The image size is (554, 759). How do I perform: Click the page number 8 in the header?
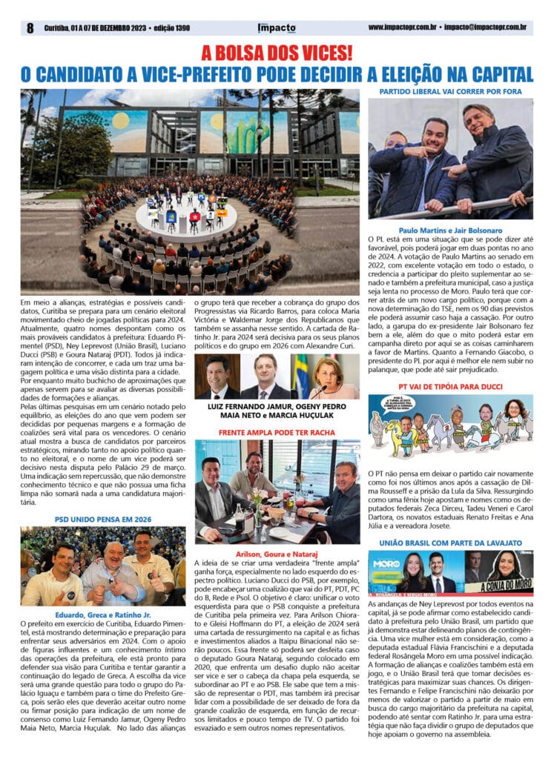(30, 28)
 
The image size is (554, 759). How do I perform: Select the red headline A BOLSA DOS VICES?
(277, 54)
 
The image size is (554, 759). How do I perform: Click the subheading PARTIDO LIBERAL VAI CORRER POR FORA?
(451, 92)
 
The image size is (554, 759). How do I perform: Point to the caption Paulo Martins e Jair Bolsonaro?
(450, 231)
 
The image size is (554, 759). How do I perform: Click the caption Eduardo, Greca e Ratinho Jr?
(104, 614)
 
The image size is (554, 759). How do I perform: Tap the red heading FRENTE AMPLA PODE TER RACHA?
(277, 431)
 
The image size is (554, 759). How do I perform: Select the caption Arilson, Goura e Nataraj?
(277, 552)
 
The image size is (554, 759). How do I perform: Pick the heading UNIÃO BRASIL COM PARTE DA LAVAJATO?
(450, 543)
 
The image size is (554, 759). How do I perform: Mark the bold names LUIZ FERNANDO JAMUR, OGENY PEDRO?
(277, 407)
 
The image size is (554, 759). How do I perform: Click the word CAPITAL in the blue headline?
(496, 75)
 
